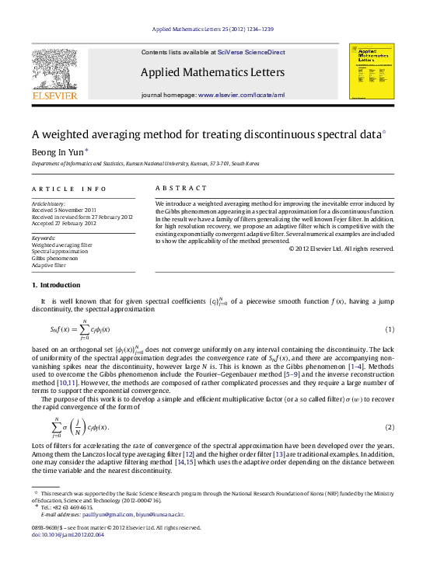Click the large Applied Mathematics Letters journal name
click(211, 72)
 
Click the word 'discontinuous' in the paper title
click(279, 134)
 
